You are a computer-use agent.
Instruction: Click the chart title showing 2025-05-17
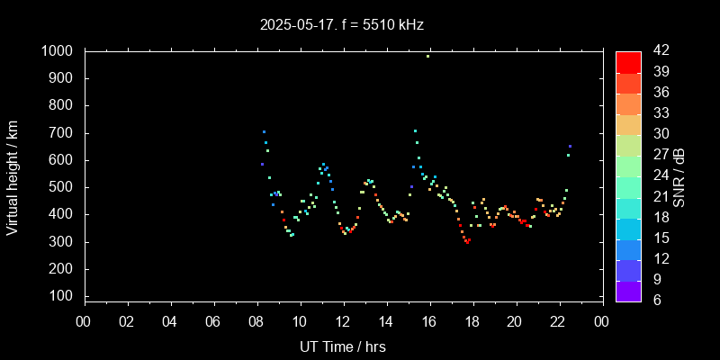pos(341,24)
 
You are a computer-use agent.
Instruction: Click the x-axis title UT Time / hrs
pos(343,346)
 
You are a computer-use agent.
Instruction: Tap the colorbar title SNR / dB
pos(679,175)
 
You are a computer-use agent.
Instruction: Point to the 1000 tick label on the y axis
pos(57,51)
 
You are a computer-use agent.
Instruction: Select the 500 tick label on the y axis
pos(61,187)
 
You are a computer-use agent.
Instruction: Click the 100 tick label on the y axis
pos(61,296)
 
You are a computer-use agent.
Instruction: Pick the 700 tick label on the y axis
pos(61,133)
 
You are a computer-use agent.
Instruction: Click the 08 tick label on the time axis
pos(256,322)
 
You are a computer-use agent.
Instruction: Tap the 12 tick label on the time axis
pos(343,322)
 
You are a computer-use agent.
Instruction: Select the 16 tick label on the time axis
pos(429,322)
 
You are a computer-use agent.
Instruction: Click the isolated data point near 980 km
pos(427,56)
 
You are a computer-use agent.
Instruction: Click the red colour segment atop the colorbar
pos(628,61)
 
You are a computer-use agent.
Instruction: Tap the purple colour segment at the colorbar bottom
pos(628,290)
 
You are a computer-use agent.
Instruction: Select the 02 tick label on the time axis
pos(127,322)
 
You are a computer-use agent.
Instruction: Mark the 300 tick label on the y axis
pos(61,242)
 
